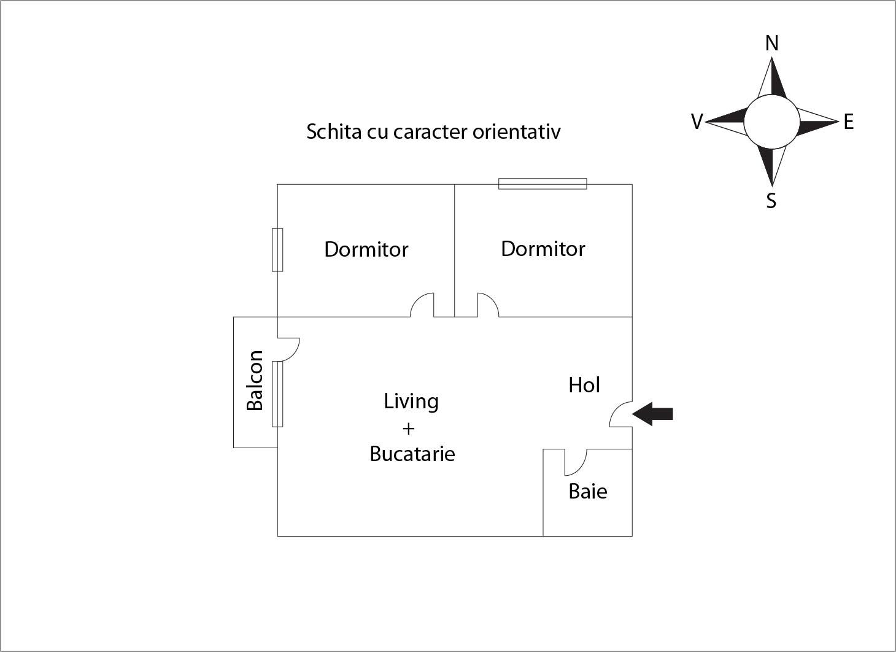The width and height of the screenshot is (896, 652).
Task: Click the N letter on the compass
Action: pyautogui.click(x=772, y=44)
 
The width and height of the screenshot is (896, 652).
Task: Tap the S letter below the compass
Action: pyautogui.click(x=771, y=201)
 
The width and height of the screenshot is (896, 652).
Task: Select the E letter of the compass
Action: pyautogui.click(x=849, y=122)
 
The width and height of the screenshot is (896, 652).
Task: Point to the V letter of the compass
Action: pyautogui.click(x=697, y=122)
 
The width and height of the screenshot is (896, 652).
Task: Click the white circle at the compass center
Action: pyautogui.click(x=772, y=122)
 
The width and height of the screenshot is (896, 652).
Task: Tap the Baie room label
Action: pyautogui.click(x=588, y=491)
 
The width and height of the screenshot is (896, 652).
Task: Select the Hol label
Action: pyautogui.click(x=584, y=385)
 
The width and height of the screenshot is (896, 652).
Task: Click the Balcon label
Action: pyautogui.click(x=255, y=381)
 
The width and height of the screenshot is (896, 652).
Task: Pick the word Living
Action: pyautogui.click(x=411, y=401)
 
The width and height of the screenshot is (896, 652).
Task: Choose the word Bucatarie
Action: pyautogui.click(x=412, y=454)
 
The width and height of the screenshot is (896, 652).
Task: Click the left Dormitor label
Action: pyautogui.click(x=366, y=249)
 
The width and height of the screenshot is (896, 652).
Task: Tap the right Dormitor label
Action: pyautogui.click(x=543, y=249)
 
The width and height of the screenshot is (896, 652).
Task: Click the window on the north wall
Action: pyautogui.click(x=543, y=184)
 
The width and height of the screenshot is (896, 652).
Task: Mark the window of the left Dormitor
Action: pyautogui.click(x=277, y=250)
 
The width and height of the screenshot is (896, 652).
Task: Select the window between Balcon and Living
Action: pyautogui.click(x=277, y=394)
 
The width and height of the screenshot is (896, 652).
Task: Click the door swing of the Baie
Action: pyautogui.click(x=576, y=462)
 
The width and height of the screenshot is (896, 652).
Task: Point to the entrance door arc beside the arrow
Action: pyautogui.click(x=620, y=414)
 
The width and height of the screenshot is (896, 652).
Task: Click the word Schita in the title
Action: pyautogui.click(x=333, y=131)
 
